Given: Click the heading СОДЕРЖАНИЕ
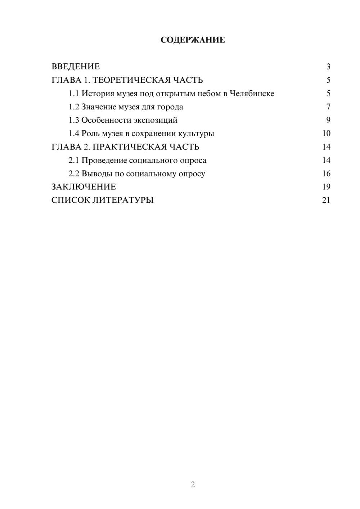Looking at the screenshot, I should (193, 40).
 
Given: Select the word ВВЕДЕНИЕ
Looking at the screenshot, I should (76, 67).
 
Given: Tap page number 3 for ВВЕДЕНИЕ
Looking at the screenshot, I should (328, 67).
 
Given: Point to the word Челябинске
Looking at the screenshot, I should (252, 94).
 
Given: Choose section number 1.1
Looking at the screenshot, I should (74, 94).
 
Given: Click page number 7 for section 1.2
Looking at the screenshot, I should (328, 107).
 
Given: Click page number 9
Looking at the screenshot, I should (328, 120).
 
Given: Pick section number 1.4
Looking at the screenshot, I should (74, 134).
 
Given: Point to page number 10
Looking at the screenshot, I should (326, 134).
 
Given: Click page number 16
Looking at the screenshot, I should (326, 174).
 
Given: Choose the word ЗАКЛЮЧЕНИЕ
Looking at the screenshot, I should (84, 187).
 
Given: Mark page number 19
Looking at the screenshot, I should (326, 187).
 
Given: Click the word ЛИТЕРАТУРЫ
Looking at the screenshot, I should (123, 200).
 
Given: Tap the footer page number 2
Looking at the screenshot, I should (193, 485).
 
